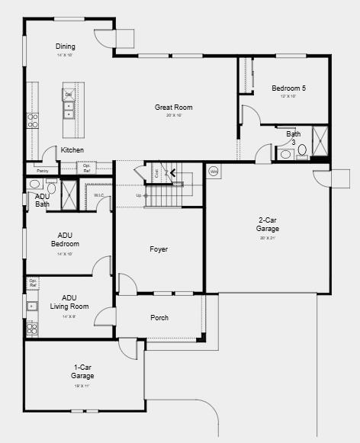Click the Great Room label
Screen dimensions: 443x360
[x=174, y=108]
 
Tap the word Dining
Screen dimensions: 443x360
[x=65, y=47]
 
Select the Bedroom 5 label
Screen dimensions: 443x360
[x=288, y=88]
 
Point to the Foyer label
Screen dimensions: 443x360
[x=159, y=249]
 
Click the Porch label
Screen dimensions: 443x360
[x=159, y=317]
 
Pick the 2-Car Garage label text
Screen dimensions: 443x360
[x=268, y=225]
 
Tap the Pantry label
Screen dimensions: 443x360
[x=42, y=171]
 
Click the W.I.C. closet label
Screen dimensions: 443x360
[x=99, y=195]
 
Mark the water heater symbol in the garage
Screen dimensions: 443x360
[x=214, y=171]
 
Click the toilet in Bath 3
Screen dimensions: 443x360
[x=302, y=150]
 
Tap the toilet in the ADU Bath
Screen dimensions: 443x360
[x=51, y=188]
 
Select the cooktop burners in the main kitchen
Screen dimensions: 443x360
[x=33, y=120]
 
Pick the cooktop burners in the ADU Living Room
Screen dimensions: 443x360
[x=32, y=329]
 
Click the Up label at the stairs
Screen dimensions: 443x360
[x=139, y=195]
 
